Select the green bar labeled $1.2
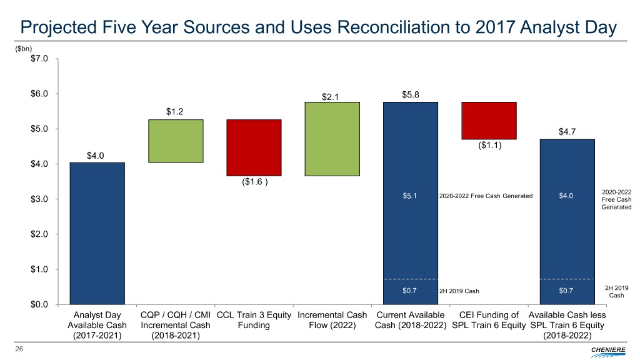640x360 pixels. [176, 141]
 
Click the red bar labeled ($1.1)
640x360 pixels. [488, 121]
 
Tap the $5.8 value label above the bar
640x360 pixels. [410, 95]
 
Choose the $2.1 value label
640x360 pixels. [332, 96]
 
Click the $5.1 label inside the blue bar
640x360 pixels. [410, 196]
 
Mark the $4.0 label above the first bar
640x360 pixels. [97, 156]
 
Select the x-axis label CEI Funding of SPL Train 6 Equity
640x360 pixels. [488, 320]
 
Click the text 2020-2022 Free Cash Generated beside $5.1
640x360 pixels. [486, 196]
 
